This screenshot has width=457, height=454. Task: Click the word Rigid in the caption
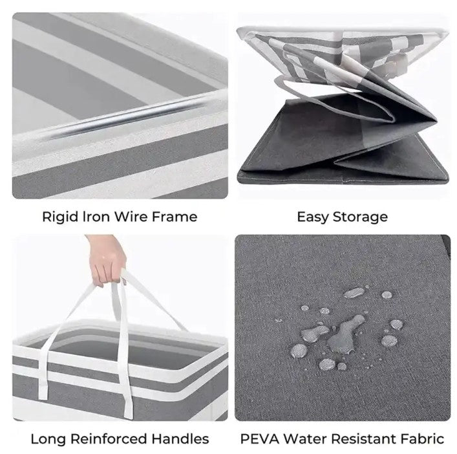click(x=61, y=217)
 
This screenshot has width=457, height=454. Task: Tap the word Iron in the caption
click(x=96, y=217)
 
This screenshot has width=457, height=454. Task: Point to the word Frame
click(x=175, y=217)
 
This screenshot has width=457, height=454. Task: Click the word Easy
click(x=313, y=217)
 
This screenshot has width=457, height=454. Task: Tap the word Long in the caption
click(x=48, y=439)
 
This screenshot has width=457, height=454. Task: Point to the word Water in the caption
click(x=306, y=439)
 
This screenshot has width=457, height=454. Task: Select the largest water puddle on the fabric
click(x=346, y=334)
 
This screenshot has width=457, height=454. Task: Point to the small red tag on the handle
click(x=125, y=282)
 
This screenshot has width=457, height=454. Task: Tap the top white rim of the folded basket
click(x=341, y=31)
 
